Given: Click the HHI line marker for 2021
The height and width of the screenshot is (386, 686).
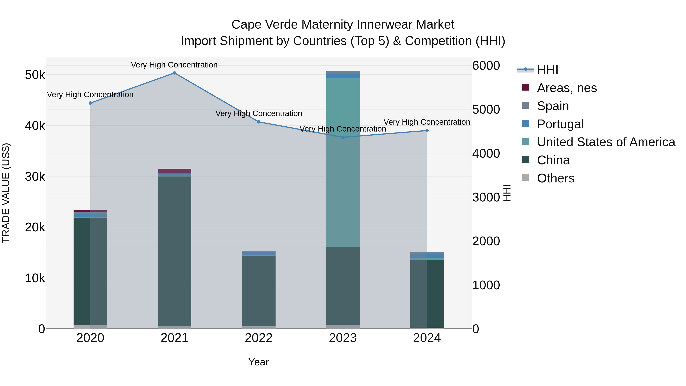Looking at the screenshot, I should pos(174,73).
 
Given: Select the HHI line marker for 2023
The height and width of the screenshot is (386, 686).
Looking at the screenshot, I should pos(343,137).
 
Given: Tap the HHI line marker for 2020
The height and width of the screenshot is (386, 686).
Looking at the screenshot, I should pos(90,103).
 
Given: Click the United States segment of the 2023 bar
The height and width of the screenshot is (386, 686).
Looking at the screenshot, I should pos(343,162).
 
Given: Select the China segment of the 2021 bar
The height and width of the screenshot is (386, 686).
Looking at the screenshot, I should pos(174,250).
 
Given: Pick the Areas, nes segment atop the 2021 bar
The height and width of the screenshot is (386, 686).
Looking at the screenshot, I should pos(174,171).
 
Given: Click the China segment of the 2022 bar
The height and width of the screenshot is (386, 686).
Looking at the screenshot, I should pos(259,290).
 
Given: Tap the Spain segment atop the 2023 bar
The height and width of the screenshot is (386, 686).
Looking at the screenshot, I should pos(343,72).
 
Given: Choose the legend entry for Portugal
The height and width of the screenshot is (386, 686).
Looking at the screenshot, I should pos(560,124).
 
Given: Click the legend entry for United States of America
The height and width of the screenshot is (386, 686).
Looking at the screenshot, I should pos(606,142).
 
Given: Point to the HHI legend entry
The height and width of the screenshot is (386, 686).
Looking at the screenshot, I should pos(547,70).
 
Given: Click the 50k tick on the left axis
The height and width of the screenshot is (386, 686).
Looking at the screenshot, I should pos(35,75).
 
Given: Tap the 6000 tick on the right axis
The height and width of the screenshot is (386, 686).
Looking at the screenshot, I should pos(486,66).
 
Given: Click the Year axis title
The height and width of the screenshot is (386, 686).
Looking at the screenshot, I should pos(258,362).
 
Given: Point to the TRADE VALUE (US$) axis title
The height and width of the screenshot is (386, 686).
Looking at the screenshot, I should pos(6,193).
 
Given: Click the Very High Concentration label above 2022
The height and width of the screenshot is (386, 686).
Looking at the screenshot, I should pos(259,113).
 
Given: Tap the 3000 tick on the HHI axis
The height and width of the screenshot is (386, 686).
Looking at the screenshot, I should pos(486,197).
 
